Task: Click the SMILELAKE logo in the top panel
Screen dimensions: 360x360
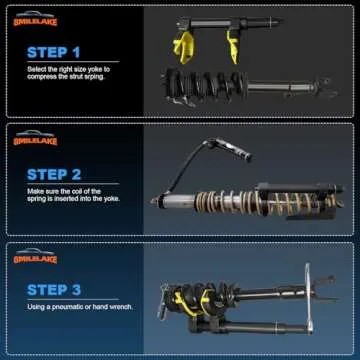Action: pos(35,21)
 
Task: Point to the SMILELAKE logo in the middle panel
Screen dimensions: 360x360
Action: pos(35,140)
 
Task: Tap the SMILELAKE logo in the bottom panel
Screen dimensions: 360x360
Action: pos(35,259)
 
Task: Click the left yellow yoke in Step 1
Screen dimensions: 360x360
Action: pos(186,43)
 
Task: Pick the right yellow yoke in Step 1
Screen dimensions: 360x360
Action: pos(232,40)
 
